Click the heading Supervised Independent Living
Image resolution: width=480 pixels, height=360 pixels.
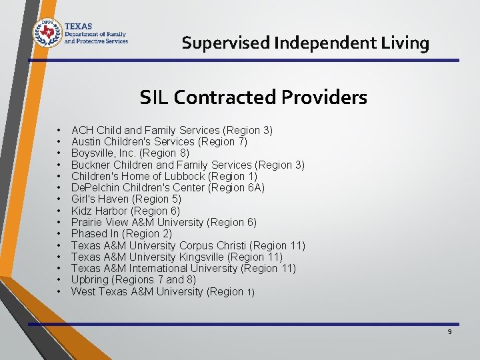(x=305, y=43)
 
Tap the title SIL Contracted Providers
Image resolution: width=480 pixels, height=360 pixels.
(x=253, y=98)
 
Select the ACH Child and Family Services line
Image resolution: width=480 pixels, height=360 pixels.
(x=171, y=130)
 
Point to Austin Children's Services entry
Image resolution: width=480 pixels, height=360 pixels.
(x=159, y=141)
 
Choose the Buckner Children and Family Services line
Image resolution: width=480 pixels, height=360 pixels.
(x=187, y=165)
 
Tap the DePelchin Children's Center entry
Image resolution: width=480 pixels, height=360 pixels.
(x=167, y=187)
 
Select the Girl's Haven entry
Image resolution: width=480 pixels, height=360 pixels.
(x=126, y=199)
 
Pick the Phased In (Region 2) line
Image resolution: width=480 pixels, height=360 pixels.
(x=121, y=233)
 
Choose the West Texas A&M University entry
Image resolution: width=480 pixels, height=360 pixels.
(x=163, y=291)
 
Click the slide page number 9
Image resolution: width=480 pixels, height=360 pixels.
(x=449, y=331)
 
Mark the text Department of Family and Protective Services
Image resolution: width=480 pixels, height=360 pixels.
(x=95, y=37)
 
